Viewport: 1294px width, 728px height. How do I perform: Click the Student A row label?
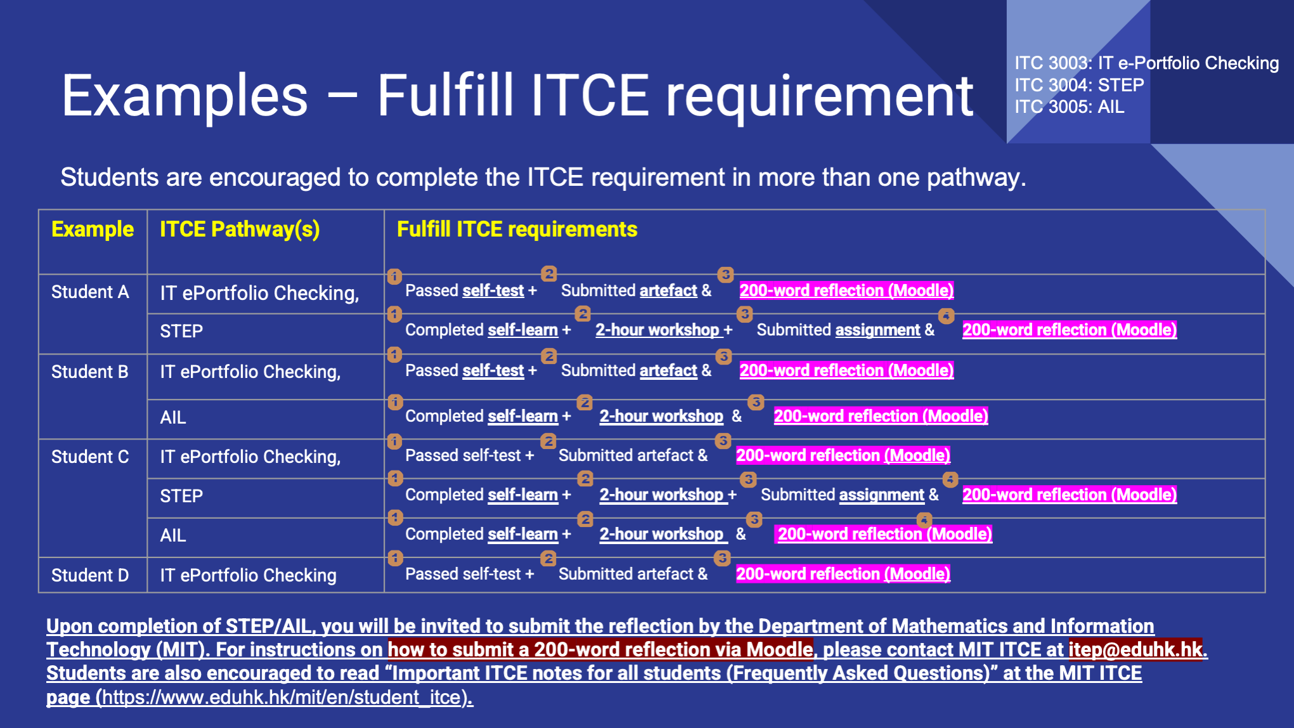point(90,292)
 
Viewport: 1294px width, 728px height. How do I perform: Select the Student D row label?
point(90,575)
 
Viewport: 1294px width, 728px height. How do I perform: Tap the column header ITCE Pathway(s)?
point(240,230)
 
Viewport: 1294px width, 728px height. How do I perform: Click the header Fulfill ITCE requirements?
point(517,229)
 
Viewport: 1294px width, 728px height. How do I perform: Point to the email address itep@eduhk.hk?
point(1135,649)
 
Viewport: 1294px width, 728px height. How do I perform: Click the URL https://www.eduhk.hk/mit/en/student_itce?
point(284,698)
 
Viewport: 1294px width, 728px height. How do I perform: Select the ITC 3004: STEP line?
point(1079,85)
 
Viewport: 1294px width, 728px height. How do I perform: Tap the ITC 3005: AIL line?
point(1069,107)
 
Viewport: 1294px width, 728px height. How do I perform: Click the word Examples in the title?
point(185,96)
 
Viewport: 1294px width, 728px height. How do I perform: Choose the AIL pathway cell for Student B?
point(173,417)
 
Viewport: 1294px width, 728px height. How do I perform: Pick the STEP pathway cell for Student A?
point(181,331)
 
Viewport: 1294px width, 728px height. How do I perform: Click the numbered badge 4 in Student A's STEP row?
point(946,316)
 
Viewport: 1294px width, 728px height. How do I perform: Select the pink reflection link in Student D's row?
point(843,574)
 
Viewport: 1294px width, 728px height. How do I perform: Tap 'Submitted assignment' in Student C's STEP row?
point(842,495)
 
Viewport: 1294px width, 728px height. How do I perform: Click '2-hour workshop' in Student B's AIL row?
point(661,416)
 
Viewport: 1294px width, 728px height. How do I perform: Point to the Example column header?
point(93,229)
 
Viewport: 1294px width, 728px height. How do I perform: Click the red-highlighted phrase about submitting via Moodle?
point(600,649)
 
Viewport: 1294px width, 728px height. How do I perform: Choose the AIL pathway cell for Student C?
point(173,535)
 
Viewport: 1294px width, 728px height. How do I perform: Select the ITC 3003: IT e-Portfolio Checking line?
point(1146,63)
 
